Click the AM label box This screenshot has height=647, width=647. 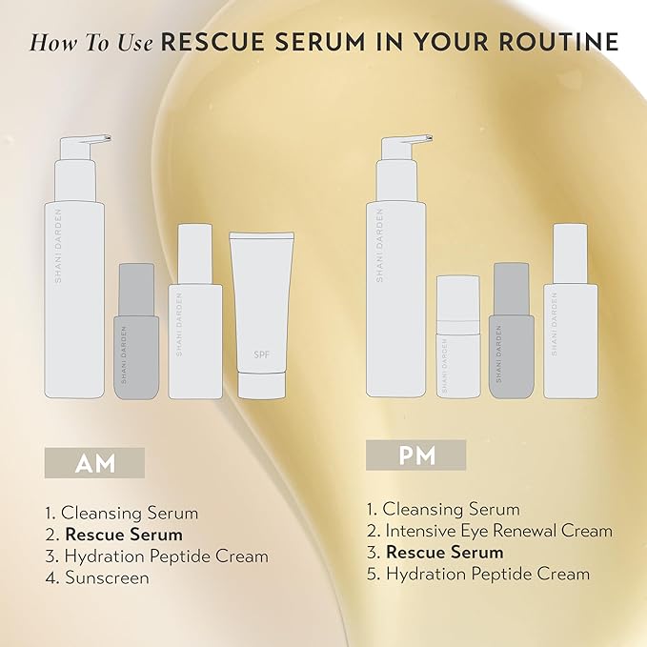point(95,463)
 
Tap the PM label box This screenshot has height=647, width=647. point(415,455)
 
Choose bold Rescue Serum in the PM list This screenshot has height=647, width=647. point(444,552)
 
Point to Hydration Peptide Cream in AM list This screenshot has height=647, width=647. point(165,556)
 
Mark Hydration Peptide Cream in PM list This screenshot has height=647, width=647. point(487,574)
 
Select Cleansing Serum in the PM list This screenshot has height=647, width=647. point(453,509)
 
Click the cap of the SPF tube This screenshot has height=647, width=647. point(260,387)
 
